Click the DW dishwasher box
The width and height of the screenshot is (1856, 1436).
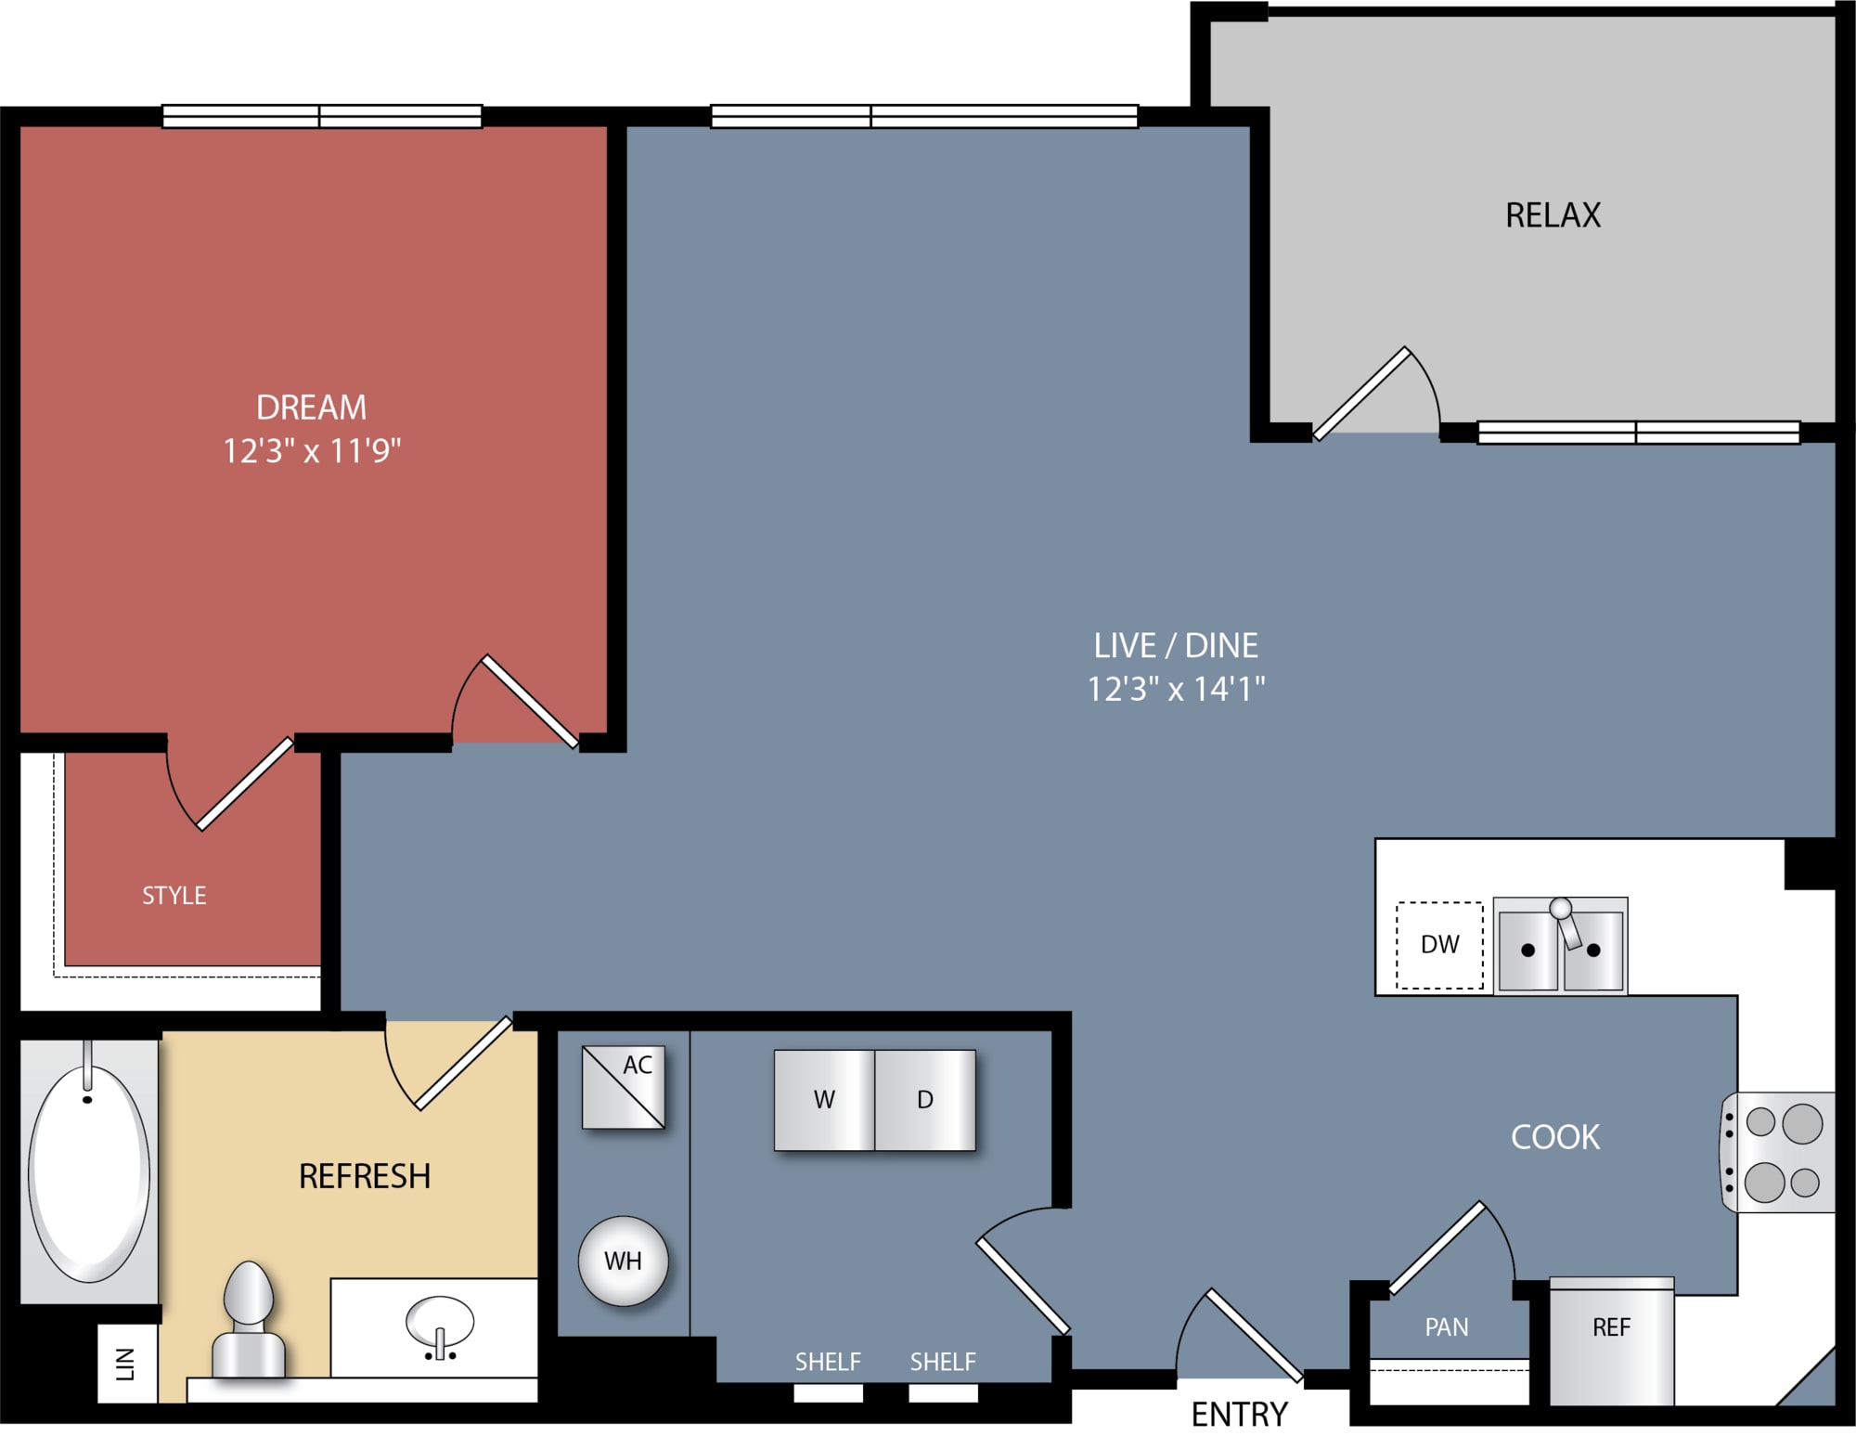[1439, 945]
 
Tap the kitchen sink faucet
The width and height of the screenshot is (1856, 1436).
[1566, 923]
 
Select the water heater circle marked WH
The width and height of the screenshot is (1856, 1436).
[623, 1261]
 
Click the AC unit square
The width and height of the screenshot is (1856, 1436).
[623, 1087]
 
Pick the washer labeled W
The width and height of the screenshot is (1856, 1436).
[824, 1100]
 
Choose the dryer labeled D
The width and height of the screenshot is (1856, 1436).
[925, 1100]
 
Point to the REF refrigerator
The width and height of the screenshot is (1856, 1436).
[1612, 1342]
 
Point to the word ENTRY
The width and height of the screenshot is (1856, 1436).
[1240, 1415]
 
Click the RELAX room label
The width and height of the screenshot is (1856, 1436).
[1553, 215]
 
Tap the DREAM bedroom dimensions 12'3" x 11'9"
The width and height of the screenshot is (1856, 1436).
[312, 451]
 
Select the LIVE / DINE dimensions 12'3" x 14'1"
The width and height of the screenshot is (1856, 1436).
[1176, 689]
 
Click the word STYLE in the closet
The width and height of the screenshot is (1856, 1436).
[174, 896]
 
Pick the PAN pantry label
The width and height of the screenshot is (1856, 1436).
[1447, 1327]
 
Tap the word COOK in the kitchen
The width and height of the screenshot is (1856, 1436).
[1555, 1137]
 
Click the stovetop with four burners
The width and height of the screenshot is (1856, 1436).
[1778, 1152]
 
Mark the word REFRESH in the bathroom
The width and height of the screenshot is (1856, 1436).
[365, 1177]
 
